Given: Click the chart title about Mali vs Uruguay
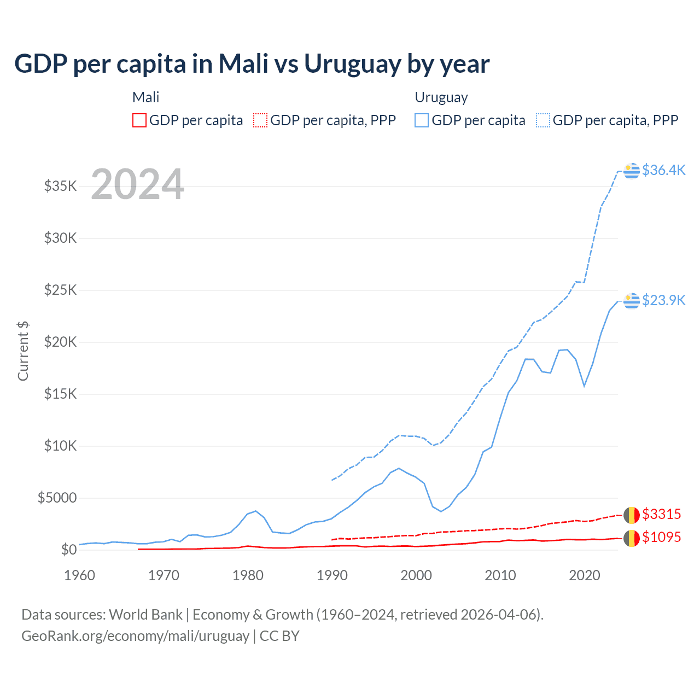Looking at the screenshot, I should [x=252, y=63].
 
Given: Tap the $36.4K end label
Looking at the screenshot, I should [x=663, y=170].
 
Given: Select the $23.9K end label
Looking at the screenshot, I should [x=663, y=300].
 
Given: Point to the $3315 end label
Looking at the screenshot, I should [x=661, y=514].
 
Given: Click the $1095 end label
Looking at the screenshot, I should [x=661, y=537].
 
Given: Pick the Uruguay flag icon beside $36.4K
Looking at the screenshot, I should [x=632, y=171].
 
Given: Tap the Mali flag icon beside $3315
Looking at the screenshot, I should [x=632, y=515].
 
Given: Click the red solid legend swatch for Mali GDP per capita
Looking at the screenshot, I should [x=139, y=120].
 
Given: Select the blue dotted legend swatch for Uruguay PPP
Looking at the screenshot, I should [x=543, y=120].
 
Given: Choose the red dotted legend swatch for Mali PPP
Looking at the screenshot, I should [x=261, y=120].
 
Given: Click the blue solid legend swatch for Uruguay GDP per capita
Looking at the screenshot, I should [x=422, y=120].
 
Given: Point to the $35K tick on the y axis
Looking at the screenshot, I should [x=60, y=186].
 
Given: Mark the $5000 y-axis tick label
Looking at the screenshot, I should [x=57, y=498].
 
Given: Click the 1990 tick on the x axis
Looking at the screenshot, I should [x=332, y=575].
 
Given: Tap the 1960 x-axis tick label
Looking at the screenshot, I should [x=80, y=575].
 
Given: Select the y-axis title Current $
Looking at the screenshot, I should [x=23, y=351].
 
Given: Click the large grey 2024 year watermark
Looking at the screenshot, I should [x=137, y=184].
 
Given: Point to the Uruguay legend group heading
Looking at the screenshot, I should [x=441, y=97].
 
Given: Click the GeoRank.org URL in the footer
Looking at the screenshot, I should [x=135, y=636].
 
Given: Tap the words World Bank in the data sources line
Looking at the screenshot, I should [x=145, y=615].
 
